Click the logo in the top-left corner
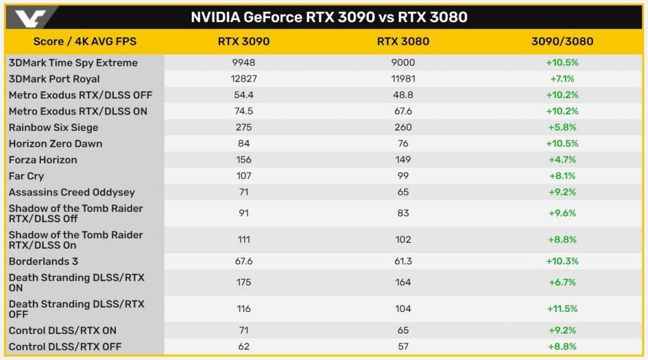[x=29, y=16]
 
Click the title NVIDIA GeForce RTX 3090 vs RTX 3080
[x=329, y=17]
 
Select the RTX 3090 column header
[x=244, y=42]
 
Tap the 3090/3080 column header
[x=562, y=42]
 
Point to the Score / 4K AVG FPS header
[x=85, y=42]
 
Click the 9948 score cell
[x=244, y=63]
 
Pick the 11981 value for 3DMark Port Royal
[x=403, y=79]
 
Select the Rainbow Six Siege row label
[x=54, y=127]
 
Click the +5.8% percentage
[x=562, y=127]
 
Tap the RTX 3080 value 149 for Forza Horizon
[x=403, y=159]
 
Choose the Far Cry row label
[x=27, y=176]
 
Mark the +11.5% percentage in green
[x=562, y=309]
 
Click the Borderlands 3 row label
[x=44, y=261]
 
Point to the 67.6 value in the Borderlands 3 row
[x=244, y=261]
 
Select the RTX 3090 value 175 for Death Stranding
[x=244, y=282]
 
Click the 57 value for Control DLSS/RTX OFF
[x=403, y=347]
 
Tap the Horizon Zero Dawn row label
[x=56, y=144]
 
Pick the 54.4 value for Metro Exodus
[x=244, y=95]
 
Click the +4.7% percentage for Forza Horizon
[x=562, y=159]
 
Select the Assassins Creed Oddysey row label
[x=72, y=192]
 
